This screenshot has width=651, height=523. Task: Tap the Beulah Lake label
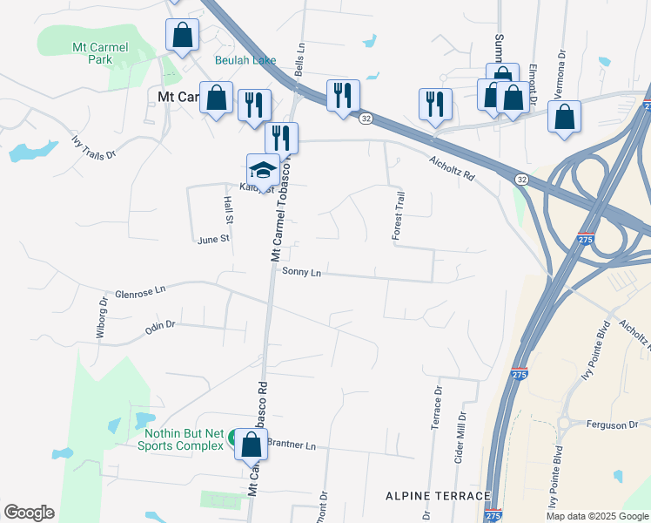[245, 61]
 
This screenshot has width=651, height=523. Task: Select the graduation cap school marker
[262, 168]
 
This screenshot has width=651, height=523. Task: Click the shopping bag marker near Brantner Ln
[251, 445]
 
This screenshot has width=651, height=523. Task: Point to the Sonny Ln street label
[302, 273]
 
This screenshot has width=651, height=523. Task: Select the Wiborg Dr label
[102, 317]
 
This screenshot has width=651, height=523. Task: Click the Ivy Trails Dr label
[93, 148]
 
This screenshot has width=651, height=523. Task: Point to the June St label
[212, 239]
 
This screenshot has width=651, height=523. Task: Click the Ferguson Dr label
[613, 425]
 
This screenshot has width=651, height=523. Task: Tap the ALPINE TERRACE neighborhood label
[438, 496]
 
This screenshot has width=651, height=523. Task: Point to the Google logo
[29, 513]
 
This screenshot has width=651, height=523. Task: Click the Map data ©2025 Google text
[596, 516]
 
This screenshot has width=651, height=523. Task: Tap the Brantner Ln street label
[292, 444]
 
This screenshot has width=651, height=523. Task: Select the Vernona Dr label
[562, 65]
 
